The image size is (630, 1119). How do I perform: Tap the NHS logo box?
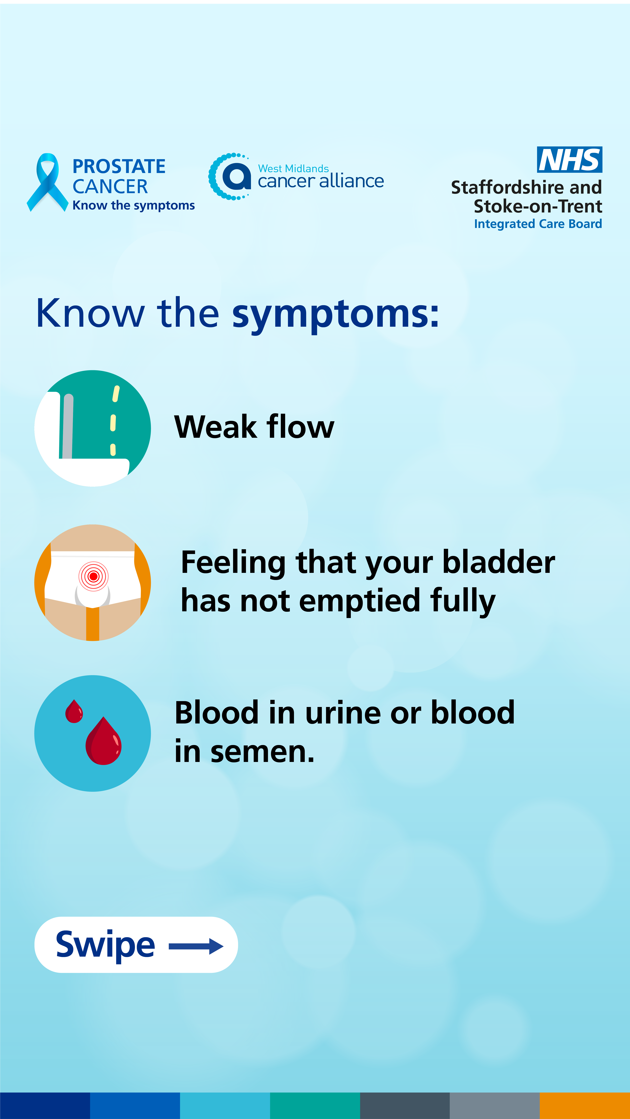pos(570,159)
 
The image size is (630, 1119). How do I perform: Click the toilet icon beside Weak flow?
pos(93,428)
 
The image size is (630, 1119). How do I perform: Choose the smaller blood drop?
pos(74,711)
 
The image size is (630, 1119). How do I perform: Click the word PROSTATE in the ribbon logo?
pos(119,166)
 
